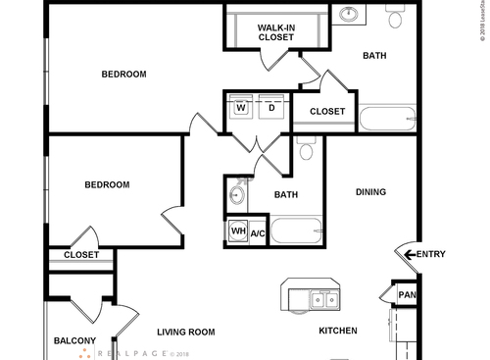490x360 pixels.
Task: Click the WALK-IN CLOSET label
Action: pos(276,32)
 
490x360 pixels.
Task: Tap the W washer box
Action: pos(239,109)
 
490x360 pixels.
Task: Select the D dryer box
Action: pos(269,109)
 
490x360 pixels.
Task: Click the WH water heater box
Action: pos(237,232)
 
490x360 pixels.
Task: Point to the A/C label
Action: pos(258,233)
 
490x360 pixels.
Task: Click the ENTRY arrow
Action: pos(408,255)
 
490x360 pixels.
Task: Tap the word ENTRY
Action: pos(431,255)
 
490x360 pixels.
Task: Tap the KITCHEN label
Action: pos(338,331)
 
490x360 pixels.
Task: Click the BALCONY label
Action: pos(74,340)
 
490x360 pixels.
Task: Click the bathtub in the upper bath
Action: pos(386,121)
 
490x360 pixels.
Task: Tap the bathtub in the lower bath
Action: pos(296,232)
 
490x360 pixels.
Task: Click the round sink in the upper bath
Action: pos(349,14)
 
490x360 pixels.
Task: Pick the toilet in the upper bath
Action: pos(396,18)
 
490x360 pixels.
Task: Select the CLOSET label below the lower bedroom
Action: pos(80,255)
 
